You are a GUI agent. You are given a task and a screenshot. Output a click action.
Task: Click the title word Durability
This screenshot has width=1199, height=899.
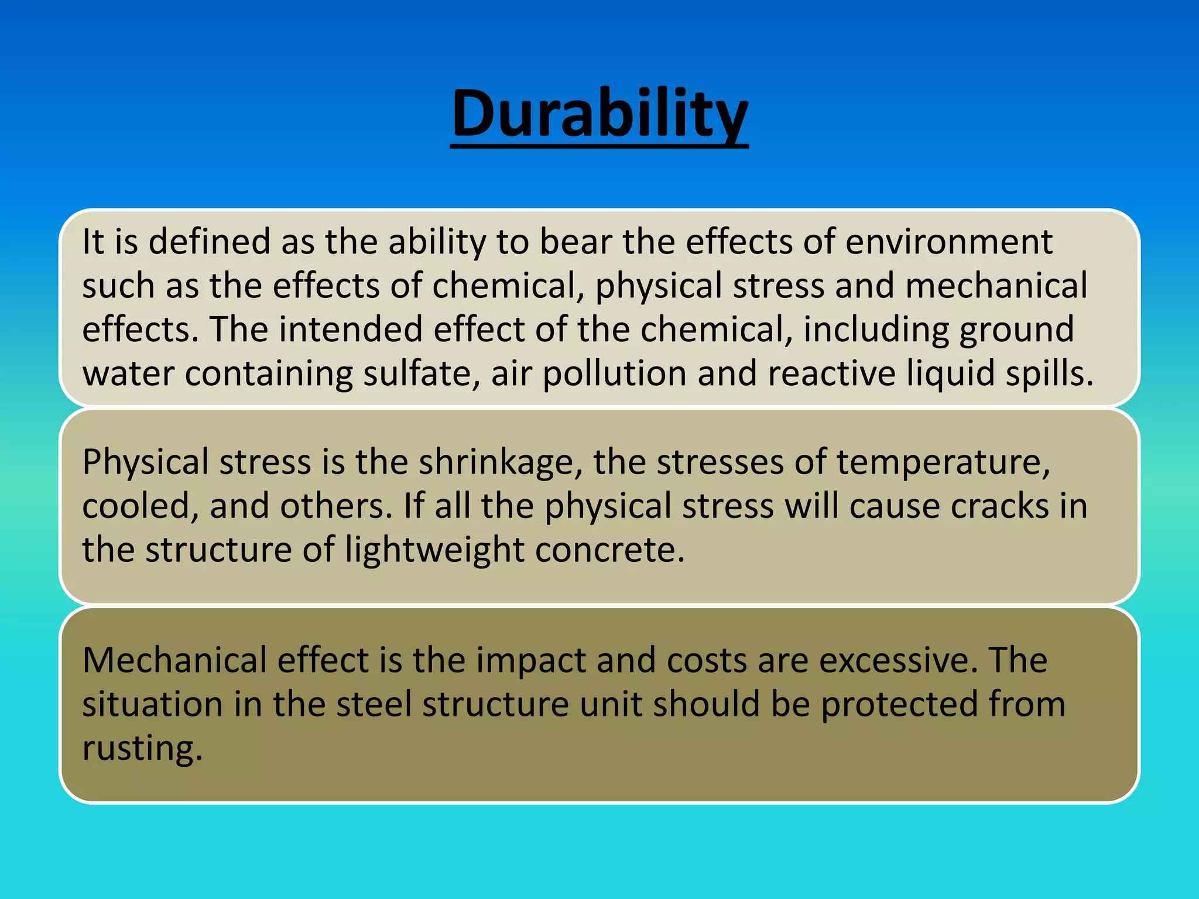click(599, 114)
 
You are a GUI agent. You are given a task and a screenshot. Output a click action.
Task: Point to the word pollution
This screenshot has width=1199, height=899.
click(615, 375)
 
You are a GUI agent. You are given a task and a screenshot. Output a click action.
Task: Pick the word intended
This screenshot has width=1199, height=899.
click(350, 330)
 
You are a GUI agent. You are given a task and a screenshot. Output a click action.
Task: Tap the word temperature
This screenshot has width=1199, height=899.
click(943, 463)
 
